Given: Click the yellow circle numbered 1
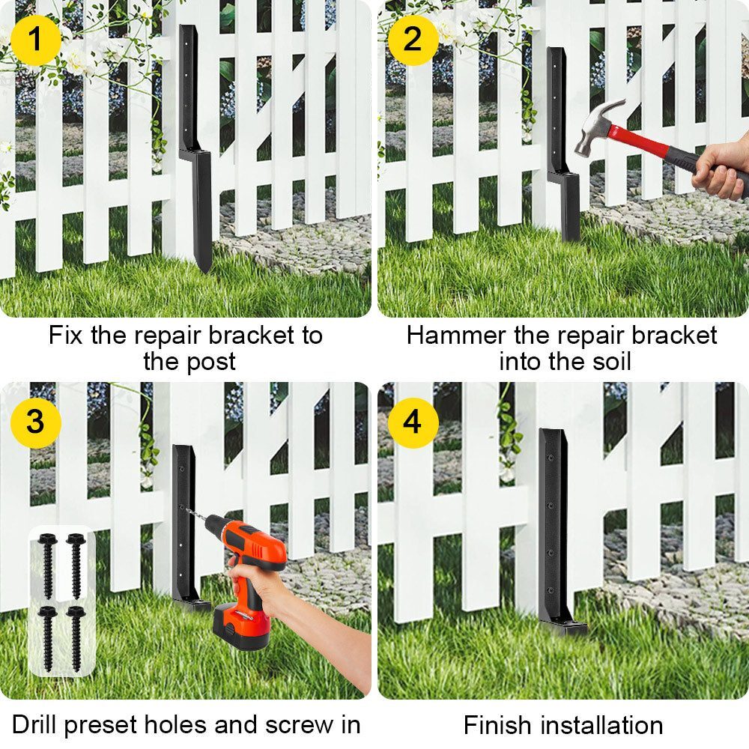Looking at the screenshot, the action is coord(35,40).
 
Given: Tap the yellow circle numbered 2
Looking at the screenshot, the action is coord(413,40).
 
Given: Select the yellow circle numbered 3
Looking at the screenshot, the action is coord(35,422).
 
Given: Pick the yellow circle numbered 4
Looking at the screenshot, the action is coord(413,422).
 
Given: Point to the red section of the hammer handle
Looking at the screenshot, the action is coord(643,139).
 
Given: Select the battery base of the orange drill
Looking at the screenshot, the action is coord(241,625).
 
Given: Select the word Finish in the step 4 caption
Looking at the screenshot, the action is coord(494,725).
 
